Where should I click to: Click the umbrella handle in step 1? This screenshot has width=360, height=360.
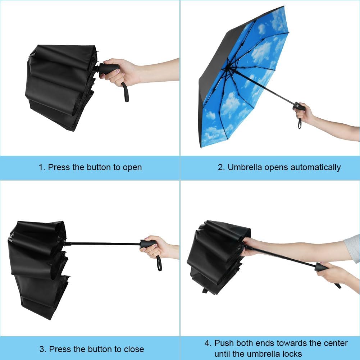click(x=109, y=69)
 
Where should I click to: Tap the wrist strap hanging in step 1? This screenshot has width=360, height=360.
click(x=125, y=92)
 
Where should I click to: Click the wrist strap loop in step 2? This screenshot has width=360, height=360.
click(x=300, y=123)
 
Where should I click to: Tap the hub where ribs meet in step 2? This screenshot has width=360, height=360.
click(x=228, y=68)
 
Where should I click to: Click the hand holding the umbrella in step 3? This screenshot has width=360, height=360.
click(x=157, y=247)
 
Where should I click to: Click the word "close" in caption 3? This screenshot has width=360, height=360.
click(x=134, y=349)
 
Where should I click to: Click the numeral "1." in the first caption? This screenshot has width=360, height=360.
click(x=42, y=167)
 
